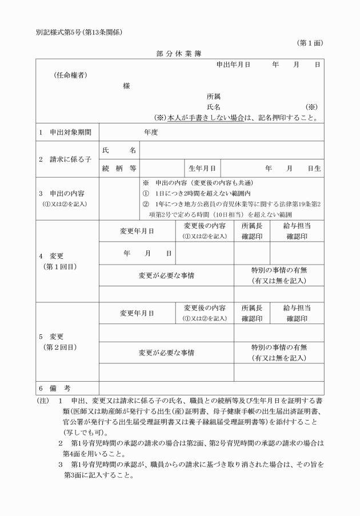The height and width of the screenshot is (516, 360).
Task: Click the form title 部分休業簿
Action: pos(180,53)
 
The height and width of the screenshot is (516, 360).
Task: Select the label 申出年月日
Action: pos(233,65)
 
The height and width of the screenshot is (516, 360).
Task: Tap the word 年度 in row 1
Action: pos(151,132)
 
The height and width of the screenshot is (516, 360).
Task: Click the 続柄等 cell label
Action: pos(119,169)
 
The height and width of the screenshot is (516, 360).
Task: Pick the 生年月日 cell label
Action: pos(202,169)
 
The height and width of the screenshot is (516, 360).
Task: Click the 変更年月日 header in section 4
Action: pos(137,231)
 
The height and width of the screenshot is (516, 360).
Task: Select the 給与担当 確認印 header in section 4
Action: pos(297,231)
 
